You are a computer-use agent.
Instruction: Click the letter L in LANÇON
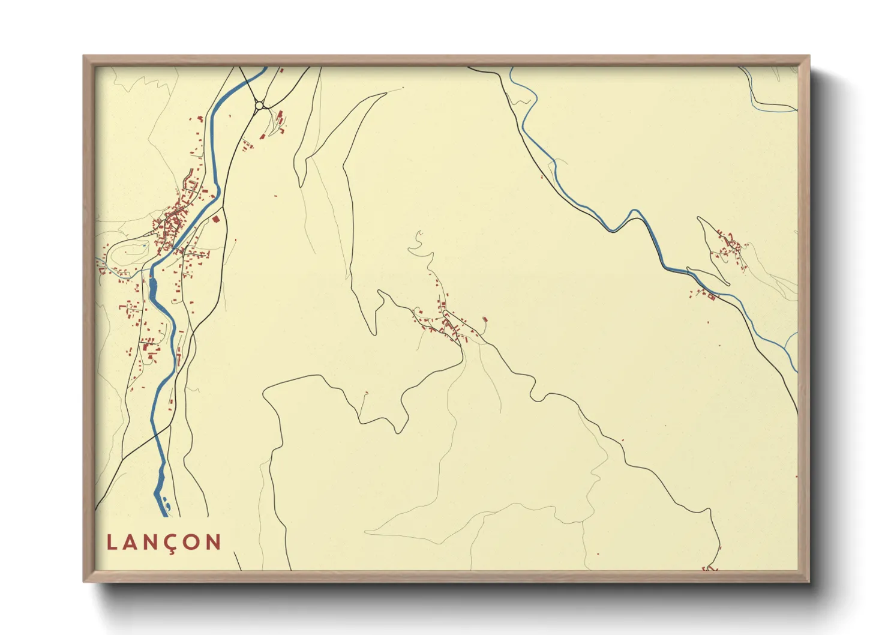(112, 543)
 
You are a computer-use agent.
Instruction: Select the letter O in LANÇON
(193, 543)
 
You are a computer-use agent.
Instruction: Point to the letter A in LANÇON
(131, 543)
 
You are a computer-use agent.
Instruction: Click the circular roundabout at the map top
(259, 106)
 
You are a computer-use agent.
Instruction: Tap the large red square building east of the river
(216, 220)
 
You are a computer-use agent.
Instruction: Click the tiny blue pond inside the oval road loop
(145, 245)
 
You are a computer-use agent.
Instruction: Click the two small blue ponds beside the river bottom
(166, 503)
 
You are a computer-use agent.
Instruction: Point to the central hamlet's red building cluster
(448, 324)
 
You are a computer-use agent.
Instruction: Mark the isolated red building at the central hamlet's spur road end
(485, 320)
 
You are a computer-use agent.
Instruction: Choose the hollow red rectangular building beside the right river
(712, 296)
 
